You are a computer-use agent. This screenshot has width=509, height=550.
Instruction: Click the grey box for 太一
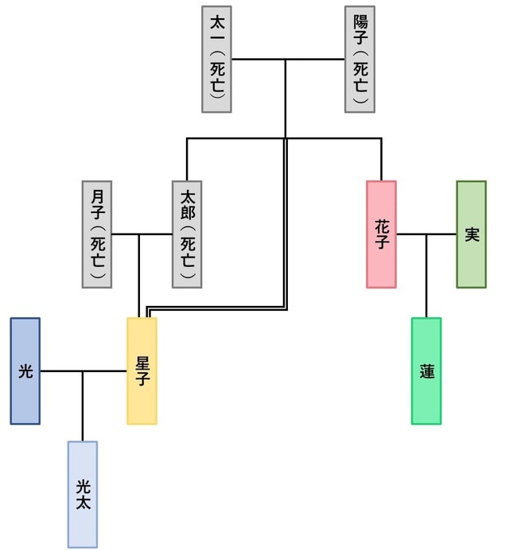tap(216, 59)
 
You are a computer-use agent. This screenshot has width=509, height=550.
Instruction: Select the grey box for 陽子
tap(359, 59)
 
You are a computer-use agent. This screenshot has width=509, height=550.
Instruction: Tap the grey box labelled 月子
tap(97, 234)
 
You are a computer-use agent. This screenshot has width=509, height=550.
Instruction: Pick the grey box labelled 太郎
tap(187, 234)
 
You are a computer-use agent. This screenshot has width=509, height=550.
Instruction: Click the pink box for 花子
tap(381, 234)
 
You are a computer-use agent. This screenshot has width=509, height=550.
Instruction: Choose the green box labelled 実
tap(471, 234)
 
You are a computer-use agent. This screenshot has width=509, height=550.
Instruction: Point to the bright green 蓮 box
tap(426, 370)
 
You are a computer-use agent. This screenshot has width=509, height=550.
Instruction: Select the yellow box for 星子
tap(142, 370)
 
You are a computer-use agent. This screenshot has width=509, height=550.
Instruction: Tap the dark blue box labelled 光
tap(25, 370)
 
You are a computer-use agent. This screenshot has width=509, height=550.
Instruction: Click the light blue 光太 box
tap(83, 494)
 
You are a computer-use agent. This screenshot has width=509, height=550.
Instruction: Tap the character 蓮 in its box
tap(427, 371)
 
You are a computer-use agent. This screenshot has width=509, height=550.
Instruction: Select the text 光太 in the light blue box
tap(83, 494)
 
